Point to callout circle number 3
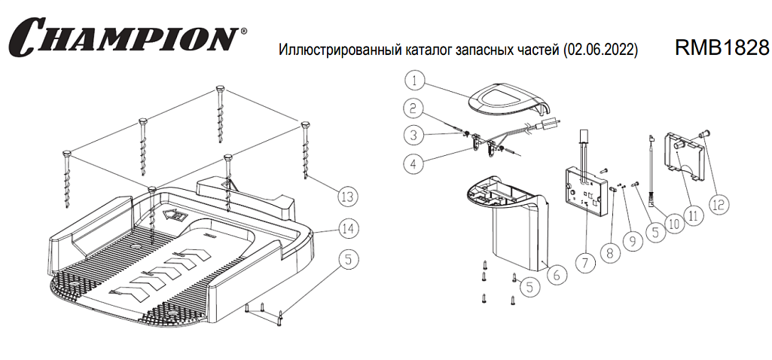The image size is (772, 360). click(x=412, y=136)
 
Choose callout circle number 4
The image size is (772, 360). click(x=412, y=162)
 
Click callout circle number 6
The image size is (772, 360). click(x=556, y=276)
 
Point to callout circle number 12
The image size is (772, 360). click(x=719, y=203)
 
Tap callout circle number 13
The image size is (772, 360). click(x=346, y=197)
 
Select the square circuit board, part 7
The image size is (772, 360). click(x=589, y=188)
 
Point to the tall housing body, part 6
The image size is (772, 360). click(x=520, y=233)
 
